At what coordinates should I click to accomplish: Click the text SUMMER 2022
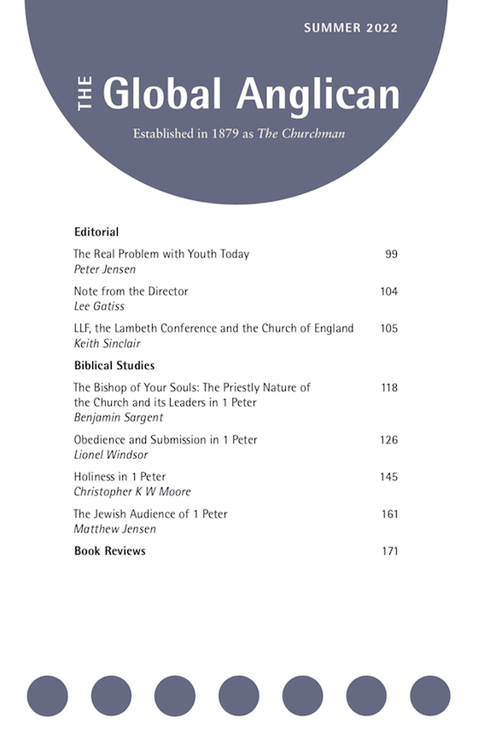click(x=350, y=28)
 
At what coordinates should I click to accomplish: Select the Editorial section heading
click(x=96, y=232)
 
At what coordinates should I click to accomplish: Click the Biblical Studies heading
click(x=114, y=366)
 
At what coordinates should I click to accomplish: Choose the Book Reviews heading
click(x=109, y=551)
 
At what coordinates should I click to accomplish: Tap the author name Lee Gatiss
click(x=98, y=306)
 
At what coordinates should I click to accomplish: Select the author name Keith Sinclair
click(x=107, y=343)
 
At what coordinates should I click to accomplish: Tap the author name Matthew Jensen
click(x=109, y=529)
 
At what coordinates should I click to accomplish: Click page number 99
click(x=391, y=254)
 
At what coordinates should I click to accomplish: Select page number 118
click(x=388, y=387)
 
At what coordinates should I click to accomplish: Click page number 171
click(x=389, y=551)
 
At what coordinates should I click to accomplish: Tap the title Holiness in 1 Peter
click(x=120, y=477)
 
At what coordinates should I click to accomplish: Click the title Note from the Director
click(x=131, y=291)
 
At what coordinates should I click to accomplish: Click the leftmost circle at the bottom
click(x=47, y=695)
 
